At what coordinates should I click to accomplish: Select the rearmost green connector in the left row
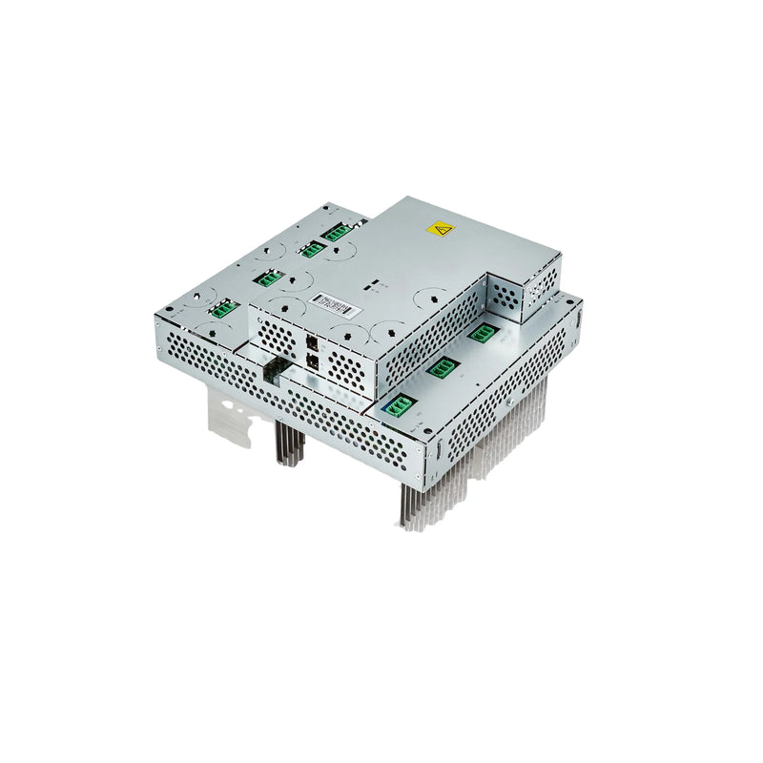336,231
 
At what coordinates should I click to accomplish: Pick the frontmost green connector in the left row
222,308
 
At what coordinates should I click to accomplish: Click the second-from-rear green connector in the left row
311,250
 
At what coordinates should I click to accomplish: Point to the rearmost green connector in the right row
482,332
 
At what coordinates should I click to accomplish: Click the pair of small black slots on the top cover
376,283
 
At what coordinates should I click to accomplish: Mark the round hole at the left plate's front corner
169,309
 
